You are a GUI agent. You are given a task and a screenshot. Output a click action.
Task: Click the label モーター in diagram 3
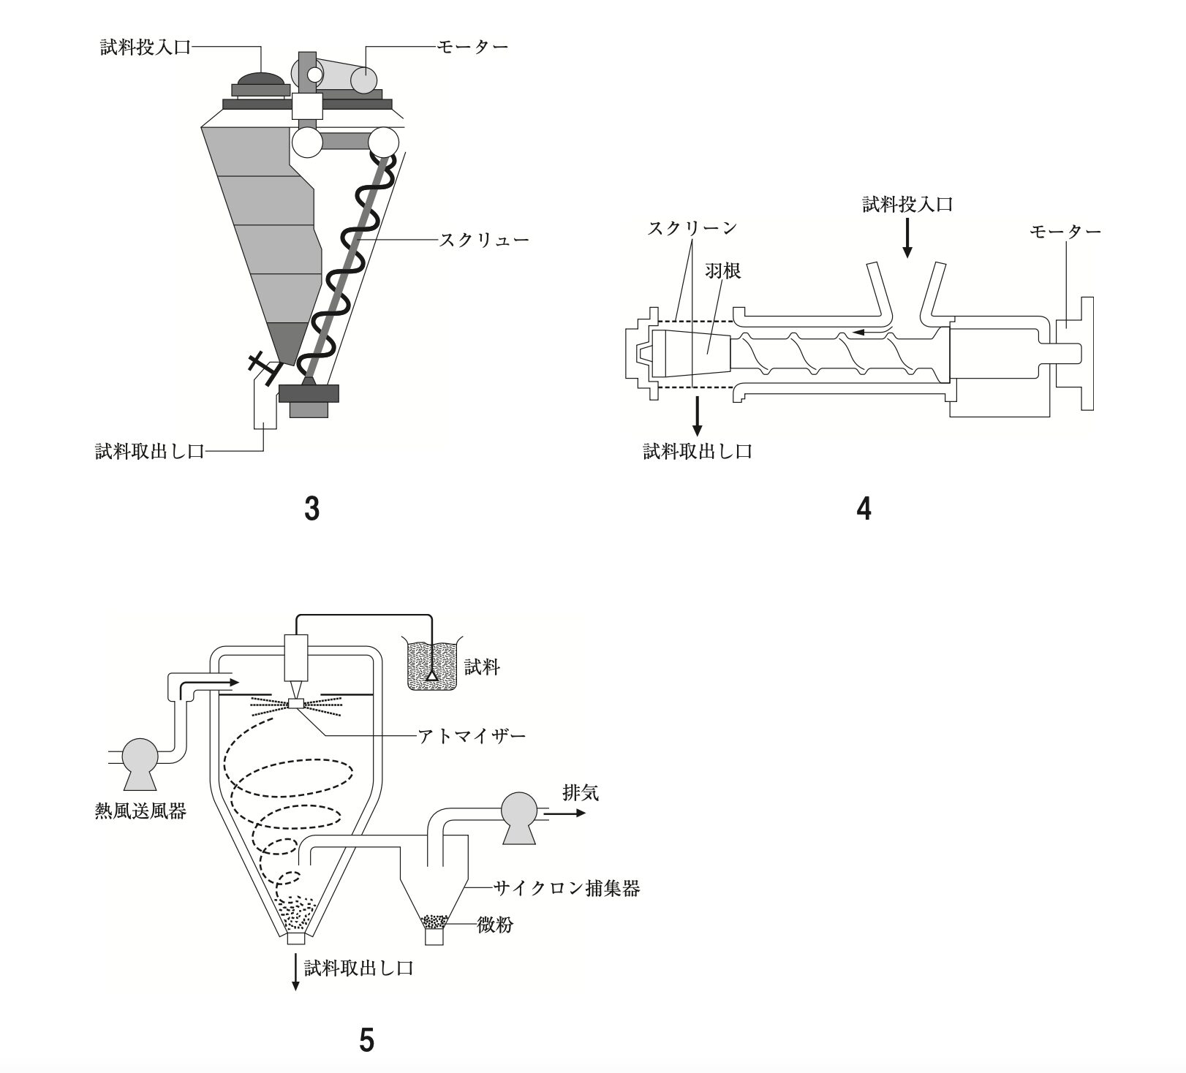[472, 46]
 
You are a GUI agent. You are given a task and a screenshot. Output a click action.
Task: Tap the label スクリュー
[483, 240]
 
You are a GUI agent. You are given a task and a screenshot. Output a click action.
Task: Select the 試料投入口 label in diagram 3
[146, 48]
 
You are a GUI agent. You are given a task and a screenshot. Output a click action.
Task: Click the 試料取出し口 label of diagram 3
[150, 451]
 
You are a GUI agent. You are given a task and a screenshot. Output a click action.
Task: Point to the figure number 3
[312, 509]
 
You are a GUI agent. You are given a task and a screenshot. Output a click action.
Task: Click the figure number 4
[864, 509]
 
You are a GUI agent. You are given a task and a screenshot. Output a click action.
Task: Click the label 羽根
[723, 271]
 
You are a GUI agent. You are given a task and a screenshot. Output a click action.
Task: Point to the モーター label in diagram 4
[1065, 232]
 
